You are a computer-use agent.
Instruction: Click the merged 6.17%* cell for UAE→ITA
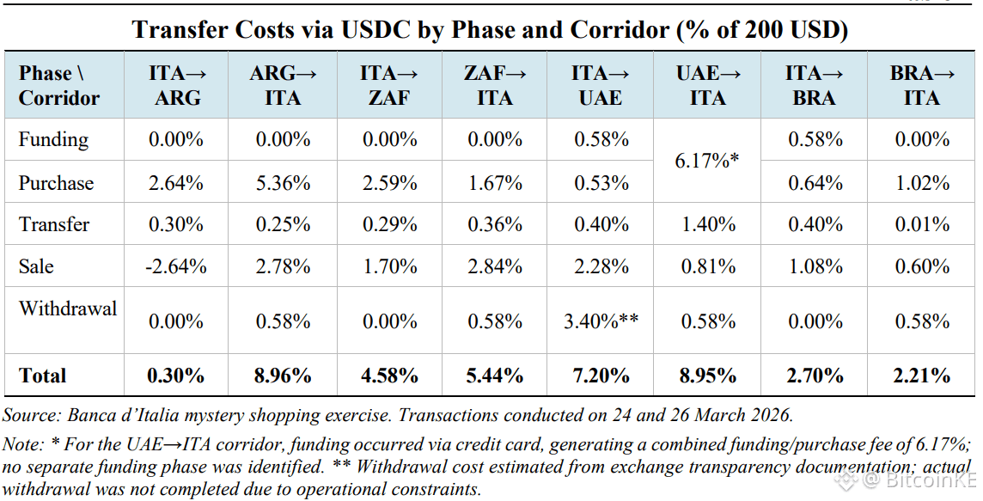point(706,161)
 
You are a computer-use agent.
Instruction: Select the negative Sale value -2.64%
point(175,266)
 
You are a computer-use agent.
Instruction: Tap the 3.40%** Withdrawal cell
point(601,321)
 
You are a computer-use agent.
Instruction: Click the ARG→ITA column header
point(283,85)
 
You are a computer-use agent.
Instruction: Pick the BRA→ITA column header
point(921,85)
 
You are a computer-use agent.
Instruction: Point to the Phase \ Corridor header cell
point(59,85)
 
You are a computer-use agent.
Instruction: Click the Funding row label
point(53,140)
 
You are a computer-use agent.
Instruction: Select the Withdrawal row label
point(68,309)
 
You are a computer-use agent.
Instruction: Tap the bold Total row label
point(43,376)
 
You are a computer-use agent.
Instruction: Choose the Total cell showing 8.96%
point(283,376)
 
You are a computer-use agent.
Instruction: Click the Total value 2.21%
point(921,376)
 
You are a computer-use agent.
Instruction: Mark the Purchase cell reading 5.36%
point(283,183)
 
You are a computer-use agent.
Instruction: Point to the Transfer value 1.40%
point(708,224)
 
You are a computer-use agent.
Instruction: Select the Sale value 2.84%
point(495,266)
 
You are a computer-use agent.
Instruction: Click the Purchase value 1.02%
point(921,183)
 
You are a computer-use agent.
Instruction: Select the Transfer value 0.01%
point(921,224)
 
